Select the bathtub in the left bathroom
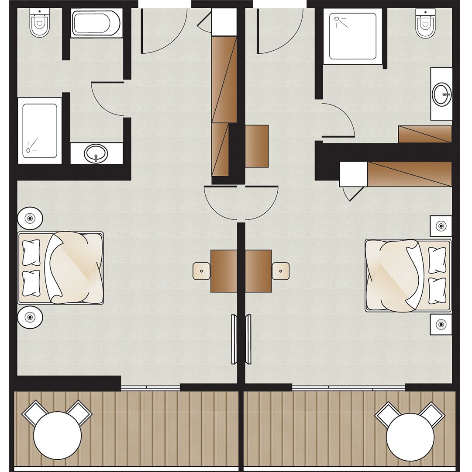(x=96, y=24)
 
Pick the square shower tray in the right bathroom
(x=352, y=36)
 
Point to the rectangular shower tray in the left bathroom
(x=40, y=131)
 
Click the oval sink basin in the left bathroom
(x=96, y=154)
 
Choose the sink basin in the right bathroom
(x=442, y=94)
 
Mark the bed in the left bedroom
(x=61, y=267)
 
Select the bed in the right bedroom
(x=408, y=275)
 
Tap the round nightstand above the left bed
(x=30, y=218)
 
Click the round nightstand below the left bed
(x=30, y=317)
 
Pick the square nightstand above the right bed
(x=441, y=226)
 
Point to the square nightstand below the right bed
(x=441, y=324)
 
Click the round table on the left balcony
(x=58, y=435)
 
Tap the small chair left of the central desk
(x=201, y=271)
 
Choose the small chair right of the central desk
(x=280, y=271)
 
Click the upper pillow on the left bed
(x=31, y=252)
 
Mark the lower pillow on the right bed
(x=438, y=291)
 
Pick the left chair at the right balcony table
(x=388, y=414)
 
